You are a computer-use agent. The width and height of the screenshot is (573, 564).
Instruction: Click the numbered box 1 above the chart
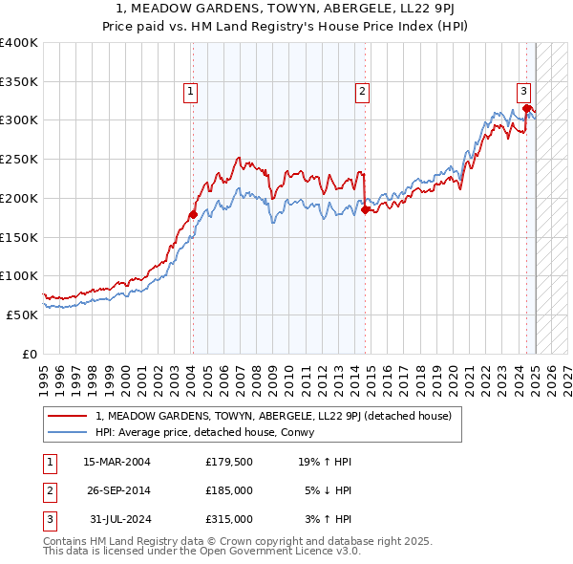tap(191, 92)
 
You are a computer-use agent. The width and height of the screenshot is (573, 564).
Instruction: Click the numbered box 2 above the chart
tap(363, 92)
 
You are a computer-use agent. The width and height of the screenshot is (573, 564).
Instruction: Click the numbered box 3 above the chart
tap(524, 92)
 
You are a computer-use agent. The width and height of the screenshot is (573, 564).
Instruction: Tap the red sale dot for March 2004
tap(193, 214)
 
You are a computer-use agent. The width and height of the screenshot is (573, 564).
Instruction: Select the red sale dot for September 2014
tap(366, 210)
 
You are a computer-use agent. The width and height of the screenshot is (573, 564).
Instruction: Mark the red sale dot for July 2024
tap(526, 108)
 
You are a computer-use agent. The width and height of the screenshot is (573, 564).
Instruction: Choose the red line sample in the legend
tap(68, 416)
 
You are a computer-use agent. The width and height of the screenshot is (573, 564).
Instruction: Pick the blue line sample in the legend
tap(68, 432)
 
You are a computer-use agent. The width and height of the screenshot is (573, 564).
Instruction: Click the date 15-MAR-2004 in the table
tap(117, 462)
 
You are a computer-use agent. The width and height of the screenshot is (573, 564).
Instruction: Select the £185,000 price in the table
tap(229, 490)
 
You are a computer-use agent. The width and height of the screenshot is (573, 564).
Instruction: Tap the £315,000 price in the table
tap(229, 519)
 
